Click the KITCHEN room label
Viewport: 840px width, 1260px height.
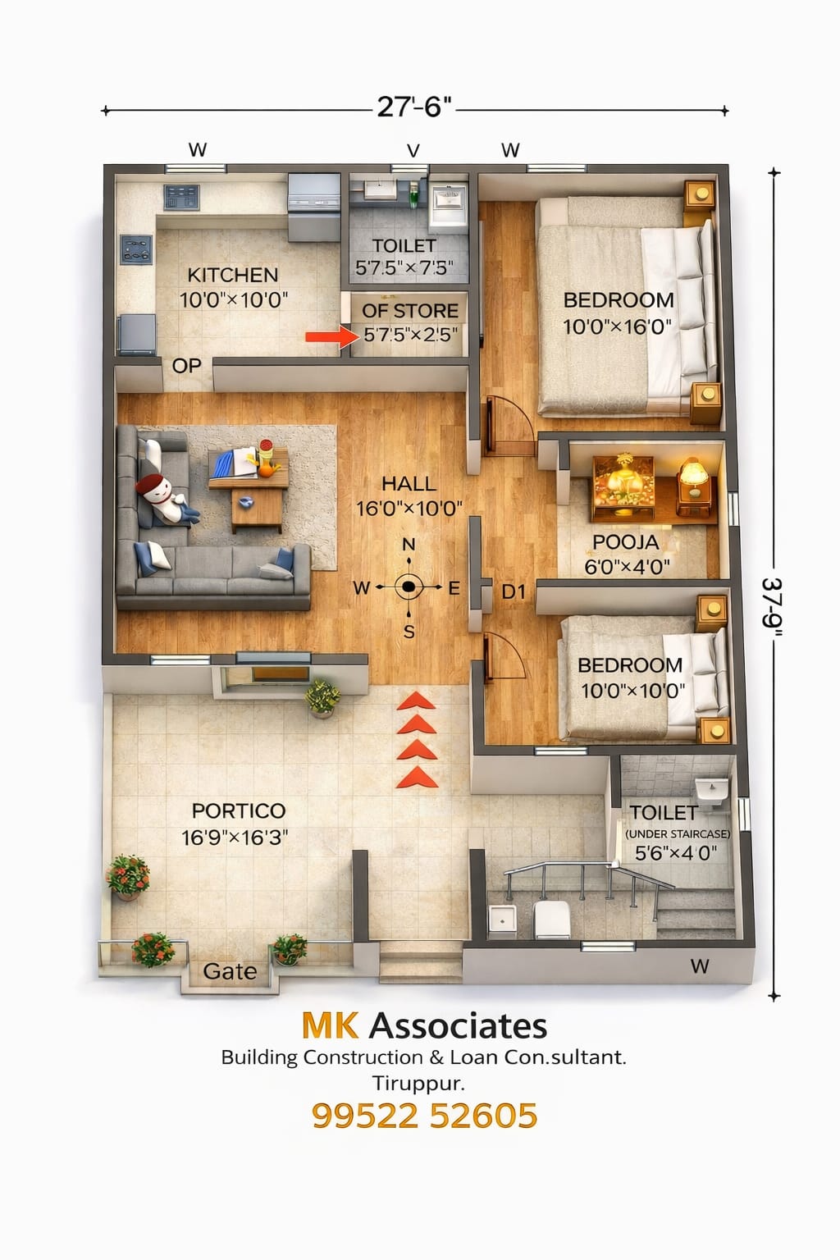point(232,275)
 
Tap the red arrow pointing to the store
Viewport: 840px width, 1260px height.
point(332,337)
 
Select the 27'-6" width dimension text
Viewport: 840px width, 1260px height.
point(414,107)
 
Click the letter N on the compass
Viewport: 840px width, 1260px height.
point(409,545)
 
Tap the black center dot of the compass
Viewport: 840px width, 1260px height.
point(409,587)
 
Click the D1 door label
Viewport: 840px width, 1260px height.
point(514,591)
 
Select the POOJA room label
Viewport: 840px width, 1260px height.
point(626,542)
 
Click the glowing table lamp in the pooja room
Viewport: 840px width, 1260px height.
point(694,478)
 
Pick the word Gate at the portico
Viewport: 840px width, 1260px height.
point(230,971)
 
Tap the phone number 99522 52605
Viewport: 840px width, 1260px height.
point(425,1116)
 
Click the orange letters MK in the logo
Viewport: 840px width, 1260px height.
point(330,1025)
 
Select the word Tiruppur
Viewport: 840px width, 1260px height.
point(418,1084)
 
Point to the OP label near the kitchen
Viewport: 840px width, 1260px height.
point(186,366)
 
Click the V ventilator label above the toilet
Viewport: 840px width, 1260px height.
point(413,151)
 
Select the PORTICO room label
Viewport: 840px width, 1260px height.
point(239,811)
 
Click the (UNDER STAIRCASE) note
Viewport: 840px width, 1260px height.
point(678,834)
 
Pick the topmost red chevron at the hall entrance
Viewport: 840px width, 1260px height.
point(417,701)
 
